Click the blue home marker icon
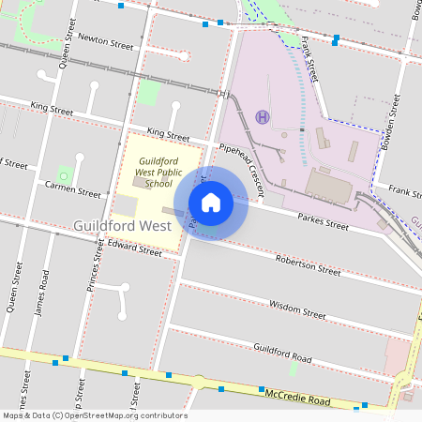211,202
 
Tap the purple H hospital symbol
263,117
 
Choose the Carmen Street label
73,188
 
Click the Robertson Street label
308,264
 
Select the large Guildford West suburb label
121,226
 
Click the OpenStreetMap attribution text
95,415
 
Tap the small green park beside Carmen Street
64,174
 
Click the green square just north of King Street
149,93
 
